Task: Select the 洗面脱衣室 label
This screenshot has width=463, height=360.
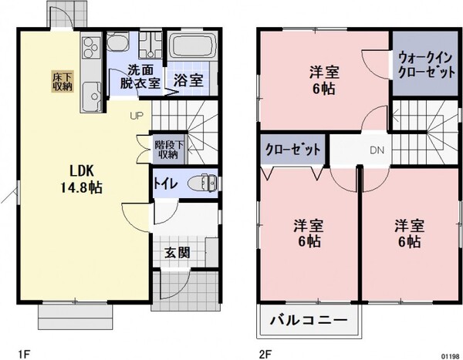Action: (139, 76)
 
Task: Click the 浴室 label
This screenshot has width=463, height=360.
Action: (188, 80)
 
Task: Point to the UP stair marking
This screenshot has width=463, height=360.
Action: (137, 116)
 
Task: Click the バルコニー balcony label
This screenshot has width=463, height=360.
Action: (308, 321)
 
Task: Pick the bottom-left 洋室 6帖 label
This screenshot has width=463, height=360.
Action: (306, 234)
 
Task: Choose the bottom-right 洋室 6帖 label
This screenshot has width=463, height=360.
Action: (409, 234)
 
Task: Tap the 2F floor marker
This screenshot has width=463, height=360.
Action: (265, 353)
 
